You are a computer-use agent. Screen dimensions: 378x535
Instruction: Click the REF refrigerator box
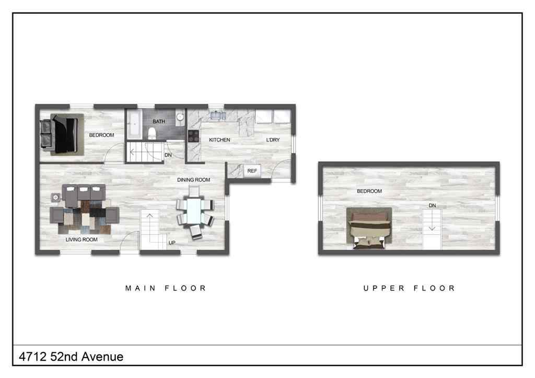point(252,171)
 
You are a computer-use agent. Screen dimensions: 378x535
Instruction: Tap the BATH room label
point(159,122)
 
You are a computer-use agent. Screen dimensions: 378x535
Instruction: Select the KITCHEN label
point(219,140)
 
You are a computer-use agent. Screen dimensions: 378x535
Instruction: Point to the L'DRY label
point(273,140)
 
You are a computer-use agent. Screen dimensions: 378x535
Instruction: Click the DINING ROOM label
point(193,180)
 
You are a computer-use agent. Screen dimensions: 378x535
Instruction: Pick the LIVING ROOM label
point(82,240)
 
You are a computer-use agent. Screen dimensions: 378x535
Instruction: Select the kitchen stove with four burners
point(193,136)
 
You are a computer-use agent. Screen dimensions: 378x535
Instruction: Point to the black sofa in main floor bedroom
point(60,134)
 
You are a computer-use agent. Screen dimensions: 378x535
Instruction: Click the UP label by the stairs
point(172,243)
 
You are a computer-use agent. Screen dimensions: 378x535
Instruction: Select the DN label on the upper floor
point(432,206)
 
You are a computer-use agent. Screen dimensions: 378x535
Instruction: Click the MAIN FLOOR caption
point(166,288)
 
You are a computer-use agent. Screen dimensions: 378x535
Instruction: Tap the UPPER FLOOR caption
point(409,288)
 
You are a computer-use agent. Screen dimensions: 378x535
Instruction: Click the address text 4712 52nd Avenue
point(71,357)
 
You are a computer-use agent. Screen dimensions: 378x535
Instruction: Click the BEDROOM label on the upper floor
point(369,191)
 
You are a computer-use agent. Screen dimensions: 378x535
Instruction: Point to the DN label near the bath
point(168,155)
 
